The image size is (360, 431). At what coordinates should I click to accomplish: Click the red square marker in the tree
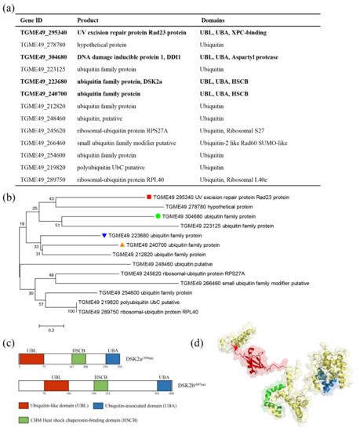click(x=149, y=197)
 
